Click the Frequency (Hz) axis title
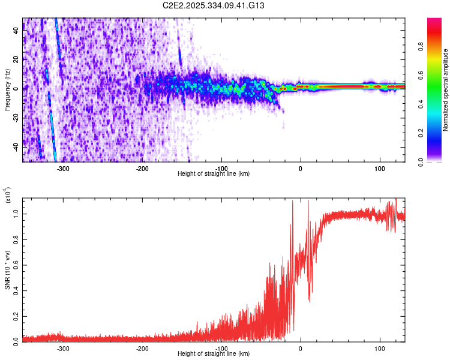pos(7,90)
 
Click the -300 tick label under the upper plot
pos(63,167)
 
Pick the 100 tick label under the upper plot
pos(380,167)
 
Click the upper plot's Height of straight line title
pos(214,173)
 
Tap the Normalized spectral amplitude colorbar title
pos(446,90)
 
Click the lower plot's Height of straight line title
pos(214,353)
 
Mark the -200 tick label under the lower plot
pos(142,347)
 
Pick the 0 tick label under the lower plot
pos(301,347)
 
